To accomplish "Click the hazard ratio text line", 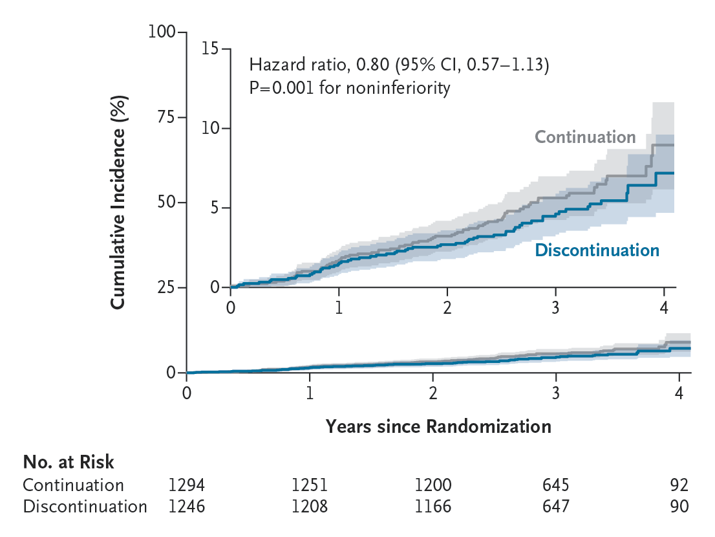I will [x=399, y=65].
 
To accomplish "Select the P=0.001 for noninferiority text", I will [x=349, y=87].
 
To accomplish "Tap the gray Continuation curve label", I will [x=585, y=137].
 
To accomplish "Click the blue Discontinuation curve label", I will [x=597, y=250].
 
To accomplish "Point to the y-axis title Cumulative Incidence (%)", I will [x=118, y=202].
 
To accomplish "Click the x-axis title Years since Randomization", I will [x=438, y=426].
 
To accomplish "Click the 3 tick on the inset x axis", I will [x=555, y=307].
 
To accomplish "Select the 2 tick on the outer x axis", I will [x=433, y=392].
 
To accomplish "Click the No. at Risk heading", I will [x=69, y=462].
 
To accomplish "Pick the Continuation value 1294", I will [x=186, y=485].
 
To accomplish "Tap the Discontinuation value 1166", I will [x=433, y=506].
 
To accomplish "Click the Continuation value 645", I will [x=555, y=485].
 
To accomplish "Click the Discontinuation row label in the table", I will [x=85, y=506].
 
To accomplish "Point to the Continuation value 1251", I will [x=310, y=485].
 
